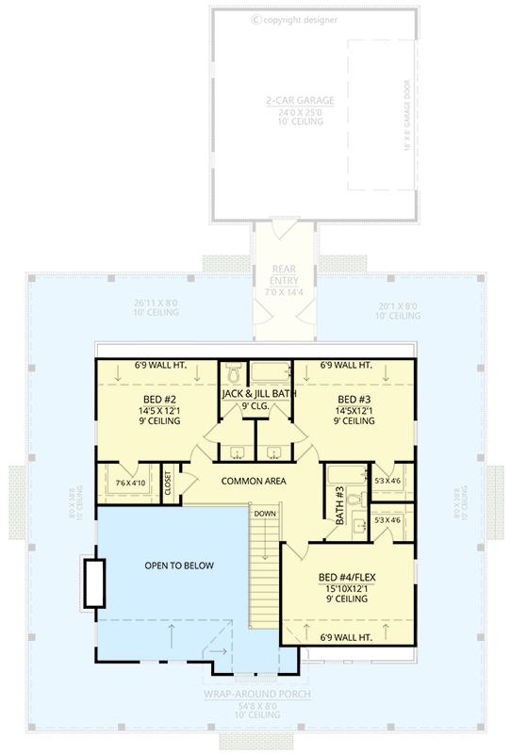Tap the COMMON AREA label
254,481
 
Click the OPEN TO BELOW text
179,565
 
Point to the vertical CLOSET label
169,482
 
